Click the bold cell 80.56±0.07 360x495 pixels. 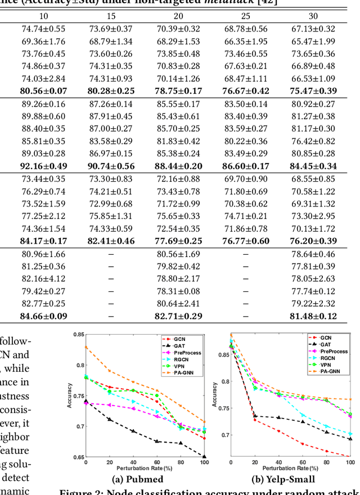(x=43, y=91)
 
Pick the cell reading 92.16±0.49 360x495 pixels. (x=43, y=166)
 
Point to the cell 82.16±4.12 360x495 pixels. (x=43, y=278)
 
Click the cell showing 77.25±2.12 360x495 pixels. (x=43, y=216)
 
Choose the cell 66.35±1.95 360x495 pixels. (x=245, y=41)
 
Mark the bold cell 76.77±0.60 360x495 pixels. (x=245, y=241)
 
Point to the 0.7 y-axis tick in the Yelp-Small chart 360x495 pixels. (x=223, y=435)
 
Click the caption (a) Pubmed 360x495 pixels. (x=137, y=480)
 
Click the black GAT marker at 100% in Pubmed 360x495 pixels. (x=204, y=457)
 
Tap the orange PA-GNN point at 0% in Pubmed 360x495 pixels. (x=85, y=346)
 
